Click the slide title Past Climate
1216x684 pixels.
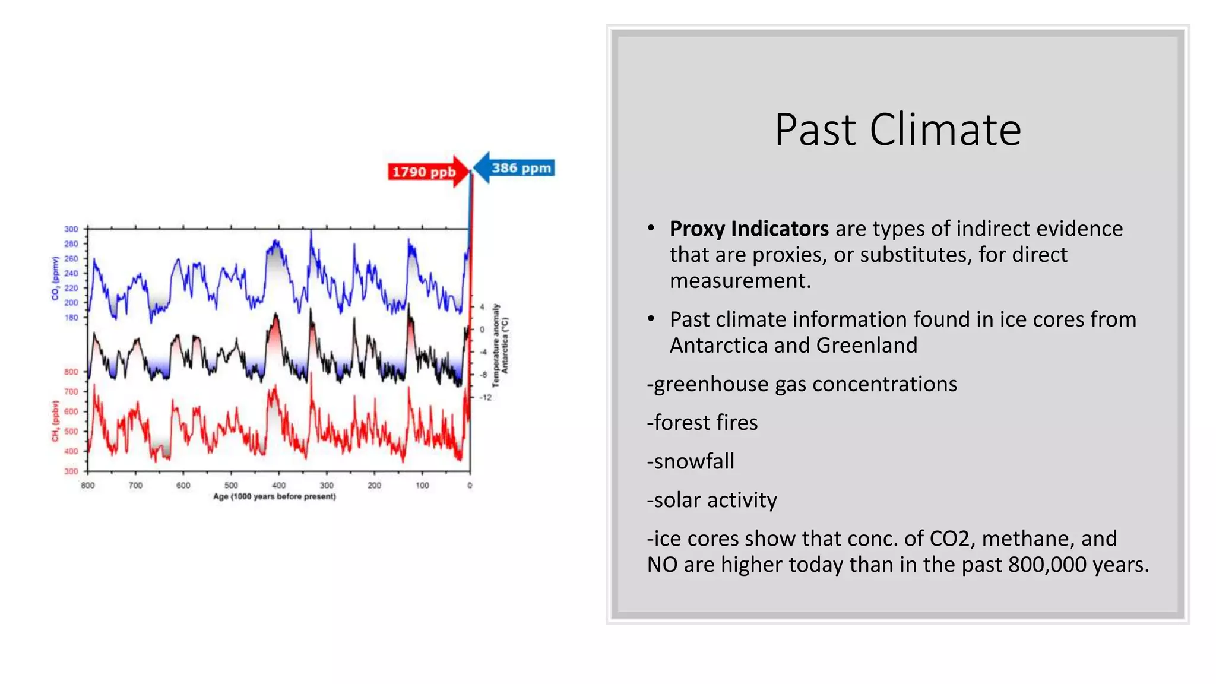point(897,130)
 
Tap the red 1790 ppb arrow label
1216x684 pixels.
point(423,172)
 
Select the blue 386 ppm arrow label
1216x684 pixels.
point(521,168)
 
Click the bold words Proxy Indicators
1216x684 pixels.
point(749,229)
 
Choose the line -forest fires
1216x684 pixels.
point(702,422)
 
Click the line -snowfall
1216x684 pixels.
point(691,461)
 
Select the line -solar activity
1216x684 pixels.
point(712,500)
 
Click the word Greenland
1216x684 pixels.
point(866,345)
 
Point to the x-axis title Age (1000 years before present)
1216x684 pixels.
point(274,496)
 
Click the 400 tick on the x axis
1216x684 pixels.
point(278,485)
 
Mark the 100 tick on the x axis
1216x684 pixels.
point(422,485)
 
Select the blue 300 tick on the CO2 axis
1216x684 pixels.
point(71,229)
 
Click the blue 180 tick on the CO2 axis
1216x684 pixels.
point(71,318)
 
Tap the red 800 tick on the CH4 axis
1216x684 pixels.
point(71,372)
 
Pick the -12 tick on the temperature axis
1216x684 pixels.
point(486,397)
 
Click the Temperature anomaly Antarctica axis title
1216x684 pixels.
point(500,346)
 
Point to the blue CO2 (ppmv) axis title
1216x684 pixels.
point(55,278)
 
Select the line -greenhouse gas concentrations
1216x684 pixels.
point(802,384)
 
